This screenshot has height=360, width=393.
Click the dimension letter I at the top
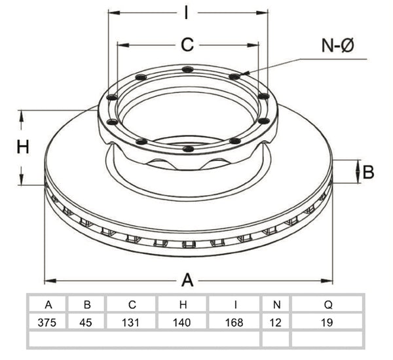click(x=186, y=12)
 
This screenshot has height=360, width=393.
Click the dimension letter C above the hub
click(x=187, y=45)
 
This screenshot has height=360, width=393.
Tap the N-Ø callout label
click(x=337, y=46)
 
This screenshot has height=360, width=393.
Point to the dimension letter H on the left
click(x=23, y=147)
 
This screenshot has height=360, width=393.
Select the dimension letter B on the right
click(x=368, y=172)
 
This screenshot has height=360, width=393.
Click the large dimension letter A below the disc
click(x=187, y=280)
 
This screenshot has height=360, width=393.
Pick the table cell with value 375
click(x=47, y=322)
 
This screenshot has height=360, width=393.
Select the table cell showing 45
click(x=86, y=322)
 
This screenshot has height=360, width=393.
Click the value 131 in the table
click(x=130, y=322)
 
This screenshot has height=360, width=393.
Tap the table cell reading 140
click(x=181, y=322)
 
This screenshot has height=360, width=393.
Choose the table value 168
click(x=234, y=322)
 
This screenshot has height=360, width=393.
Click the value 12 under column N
click(x=276, y=322)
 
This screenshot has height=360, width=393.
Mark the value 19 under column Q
click(x=327, y=322)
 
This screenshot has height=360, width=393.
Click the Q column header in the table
click(x=328, y=304)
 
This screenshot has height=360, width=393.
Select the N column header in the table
click(x=276, y=304)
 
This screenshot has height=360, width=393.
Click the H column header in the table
click(x=183, y=304)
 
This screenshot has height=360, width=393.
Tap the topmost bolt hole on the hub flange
click(x=188, y=69)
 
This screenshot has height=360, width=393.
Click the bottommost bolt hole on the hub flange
click(x=188, y=149)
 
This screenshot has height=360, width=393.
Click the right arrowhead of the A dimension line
click(x=327, y=281)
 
